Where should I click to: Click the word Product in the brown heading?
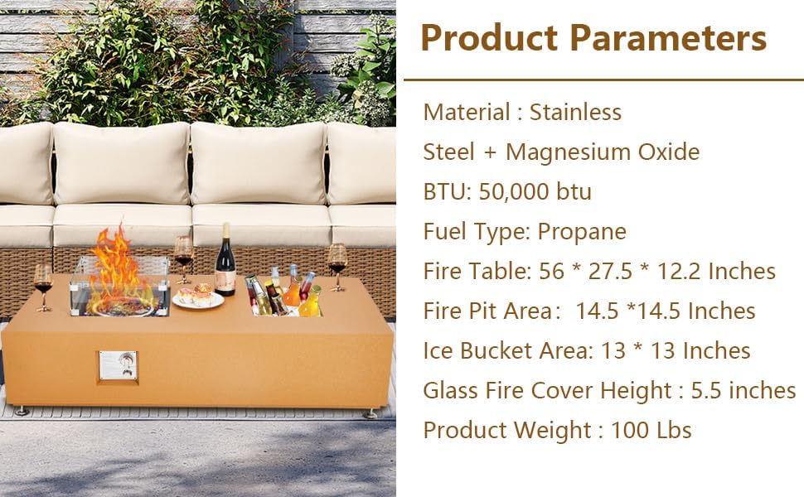[x=487, y=38]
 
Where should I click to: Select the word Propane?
[x=582, y=232]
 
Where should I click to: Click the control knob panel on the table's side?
[x=118, y=365]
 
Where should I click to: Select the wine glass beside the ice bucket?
[x=337, y=263]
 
